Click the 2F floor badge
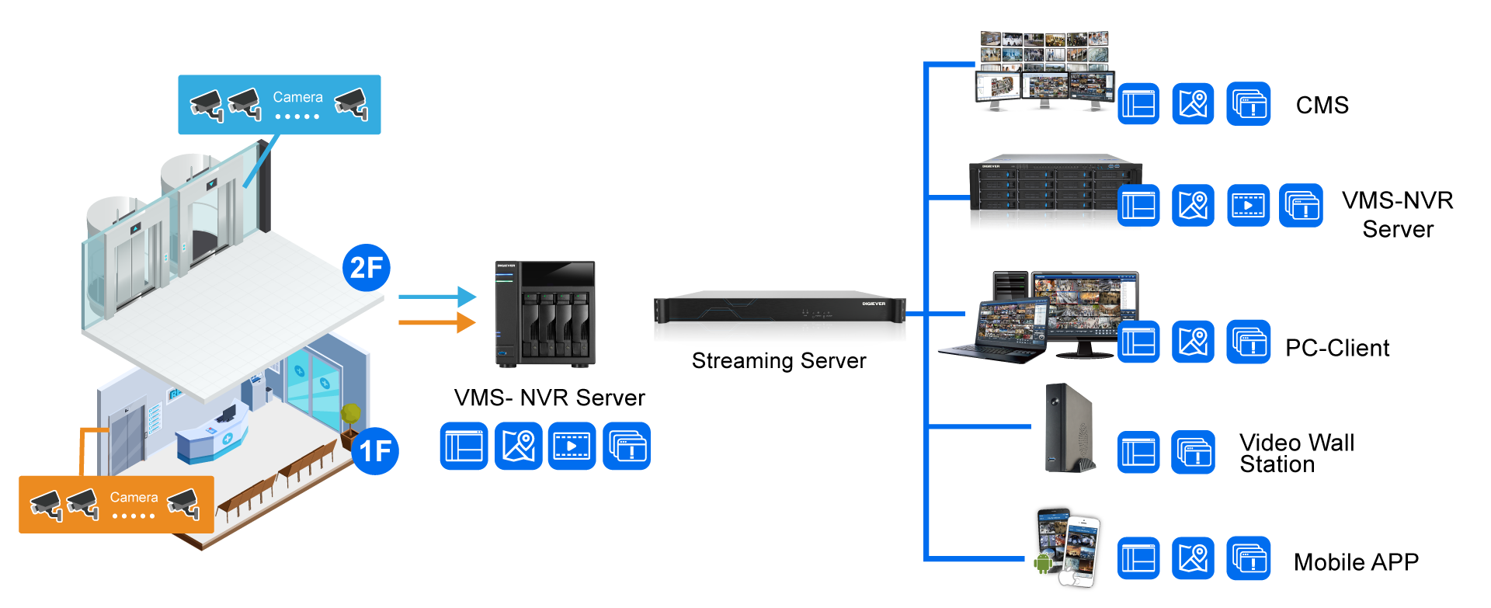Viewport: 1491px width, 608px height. [366, 268]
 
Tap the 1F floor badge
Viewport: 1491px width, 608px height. [375, 450]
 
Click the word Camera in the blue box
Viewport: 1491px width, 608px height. [297, 97]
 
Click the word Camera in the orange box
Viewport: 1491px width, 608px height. [134, 497]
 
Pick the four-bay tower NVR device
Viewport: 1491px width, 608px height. [545, 314]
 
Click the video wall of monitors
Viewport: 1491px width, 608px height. [1044, 71]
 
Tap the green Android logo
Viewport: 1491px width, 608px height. [1042, 561]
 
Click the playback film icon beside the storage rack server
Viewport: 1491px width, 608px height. [1248, 206]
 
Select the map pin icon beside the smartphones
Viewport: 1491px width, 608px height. [1193, 558]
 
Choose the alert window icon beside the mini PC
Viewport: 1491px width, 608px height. [1193, 452]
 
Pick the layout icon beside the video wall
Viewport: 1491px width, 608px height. [1138, 103]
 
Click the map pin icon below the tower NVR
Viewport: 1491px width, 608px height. [518, 446]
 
